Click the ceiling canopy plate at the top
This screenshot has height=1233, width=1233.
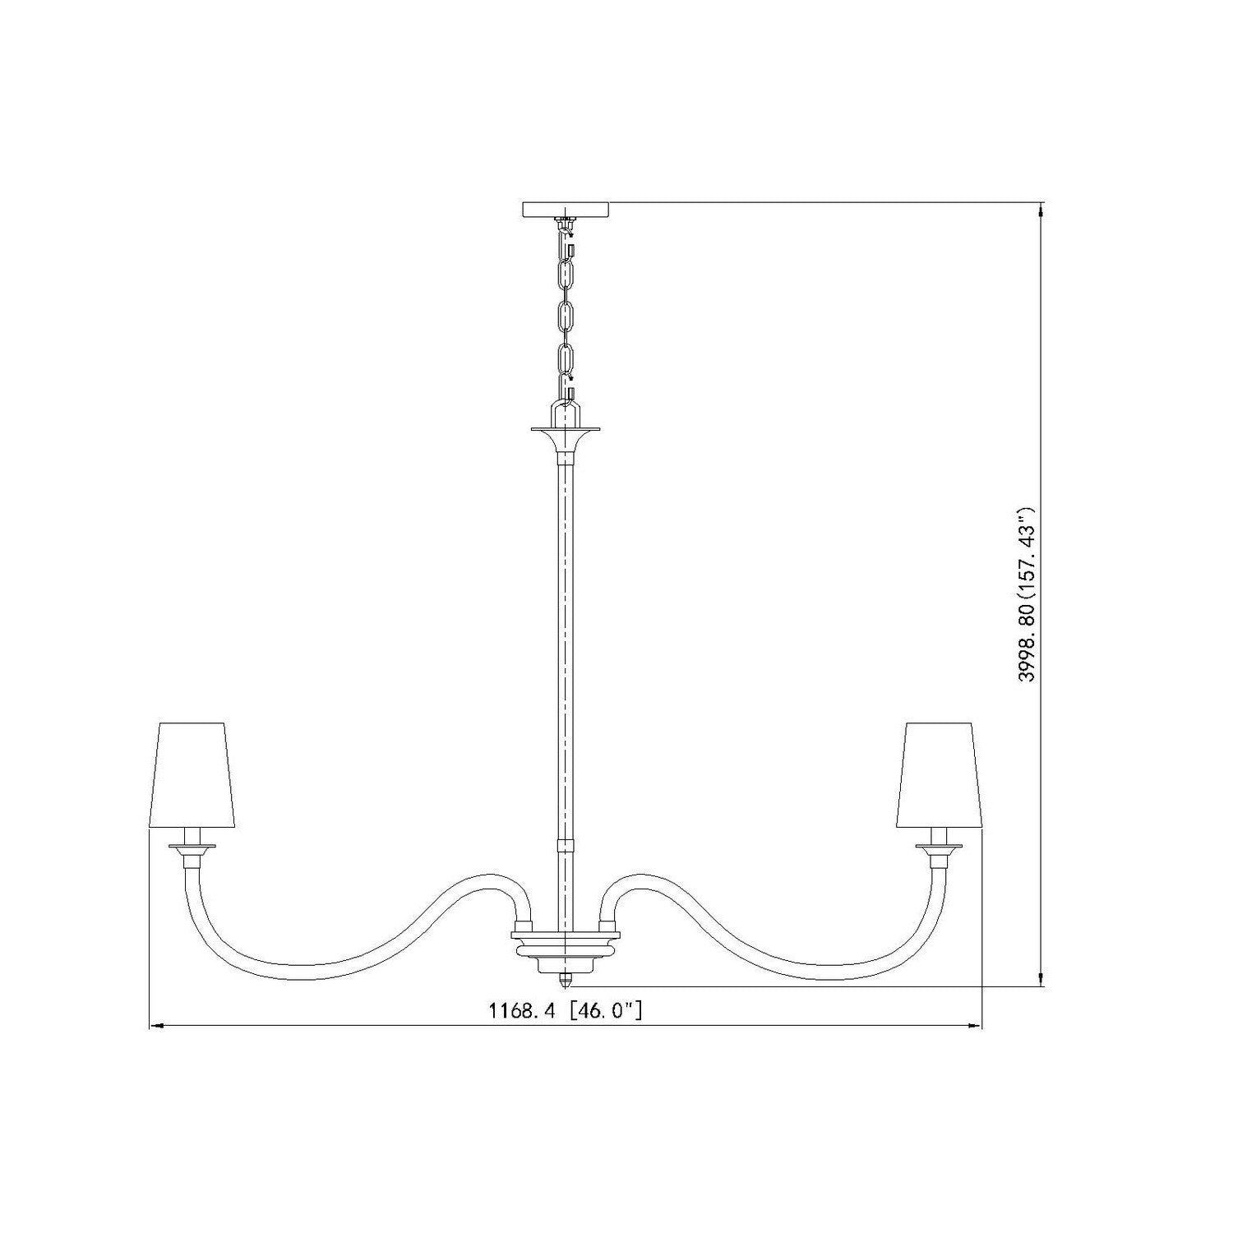(x=566, y=210)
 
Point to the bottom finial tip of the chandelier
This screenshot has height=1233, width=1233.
(x=566, y=984)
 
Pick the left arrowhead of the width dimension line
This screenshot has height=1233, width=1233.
(x=156, y=1027)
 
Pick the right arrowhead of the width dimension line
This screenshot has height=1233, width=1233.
(x=975, y=1027)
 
